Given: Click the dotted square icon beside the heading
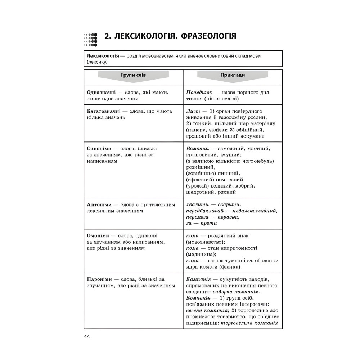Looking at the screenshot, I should pyautogui.click(x=90, y=40).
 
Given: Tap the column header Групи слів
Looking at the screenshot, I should pyautogui.click(x=134, y=75).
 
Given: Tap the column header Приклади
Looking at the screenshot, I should pyautogui.click(x=233, y=75).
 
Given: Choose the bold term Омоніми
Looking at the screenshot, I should pyautogui.click(x=98, y=235).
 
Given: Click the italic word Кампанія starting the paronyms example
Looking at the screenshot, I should pyautogui.click(x=199, y=279).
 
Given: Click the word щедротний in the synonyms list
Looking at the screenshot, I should pyautogui.click(x=200, y=192).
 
